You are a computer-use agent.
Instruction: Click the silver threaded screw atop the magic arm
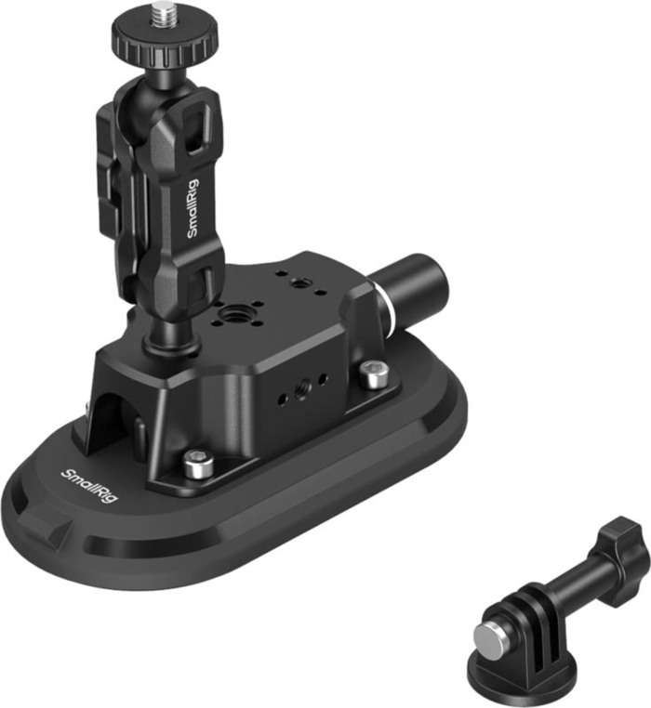pos(165,13)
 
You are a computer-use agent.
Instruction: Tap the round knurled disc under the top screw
pos(165,36)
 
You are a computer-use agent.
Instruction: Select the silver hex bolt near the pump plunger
pos(374,375)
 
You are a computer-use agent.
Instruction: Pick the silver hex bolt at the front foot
pos(195,463)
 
